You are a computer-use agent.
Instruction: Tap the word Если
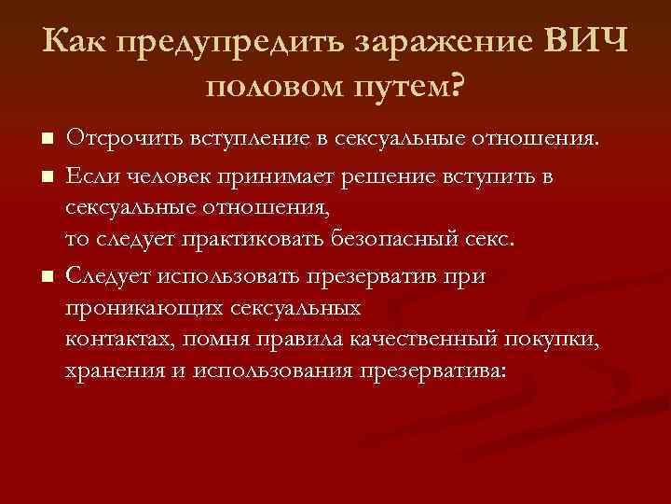[x=89, y=174]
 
